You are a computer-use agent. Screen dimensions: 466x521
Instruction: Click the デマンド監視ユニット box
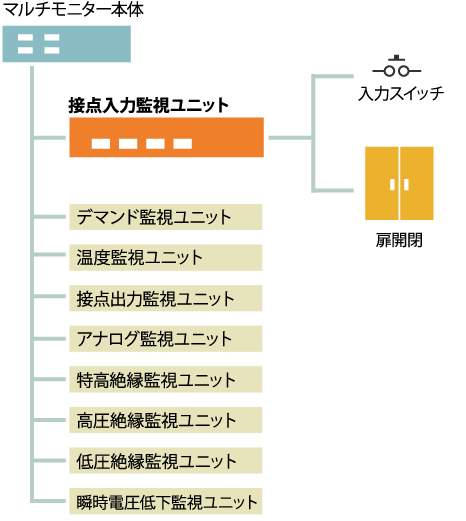pyautogui.click(x=166, y=217)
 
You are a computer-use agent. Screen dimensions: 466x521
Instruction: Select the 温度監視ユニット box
pyautogui.click(x=166, y=258)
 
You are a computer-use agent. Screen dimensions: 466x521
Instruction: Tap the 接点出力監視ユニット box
pyautogui.click(x=166, y=298)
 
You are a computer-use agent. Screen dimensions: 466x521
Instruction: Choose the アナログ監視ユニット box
pyautogui.click(x=166, y=339)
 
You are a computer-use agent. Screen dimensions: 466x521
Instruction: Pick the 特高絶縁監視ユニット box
pyautogui.click(x=166, y=379)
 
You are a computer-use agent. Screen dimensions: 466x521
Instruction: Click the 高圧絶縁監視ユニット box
pyautogui.click(x=166, y=420)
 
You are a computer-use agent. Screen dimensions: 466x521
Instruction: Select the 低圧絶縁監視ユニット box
pyautogui.click(x=166, y=461)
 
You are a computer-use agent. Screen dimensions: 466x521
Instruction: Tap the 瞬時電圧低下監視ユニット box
pyautogui.click(x=166, y=501)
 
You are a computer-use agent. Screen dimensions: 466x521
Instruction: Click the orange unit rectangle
pyautogui.click(x=166, y=137)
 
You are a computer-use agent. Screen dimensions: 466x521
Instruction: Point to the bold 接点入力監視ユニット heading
pyautogui.click(x=148, y=105)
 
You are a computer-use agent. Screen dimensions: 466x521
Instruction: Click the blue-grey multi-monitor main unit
pyautogui.click(x=67, y=44)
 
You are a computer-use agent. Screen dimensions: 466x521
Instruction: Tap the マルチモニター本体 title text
pyautogui.click(x=73, y=10)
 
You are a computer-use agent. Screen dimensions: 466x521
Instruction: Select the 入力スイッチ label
pyautogui.click(x=401, y=93)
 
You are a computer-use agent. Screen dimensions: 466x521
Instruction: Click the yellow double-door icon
pyautogui.click(x=399, y=183)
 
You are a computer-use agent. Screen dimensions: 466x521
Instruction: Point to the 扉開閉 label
pyautogui.click(x=399, y=240)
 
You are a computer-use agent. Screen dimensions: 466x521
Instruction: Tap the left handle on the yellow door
pyautogui.click(x=392, y=185)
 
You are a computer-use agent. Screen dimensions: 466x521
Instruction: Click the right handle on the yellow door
pyautogui.click(x=406, y=185)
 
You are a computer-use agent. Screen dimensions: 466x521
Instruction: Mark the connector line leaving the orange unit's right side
pyautogui.click(x=290, y=138)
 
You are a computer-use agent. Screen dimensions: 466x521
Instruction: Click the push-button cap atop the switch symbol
pyautogui.click(x=397, y=58)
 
